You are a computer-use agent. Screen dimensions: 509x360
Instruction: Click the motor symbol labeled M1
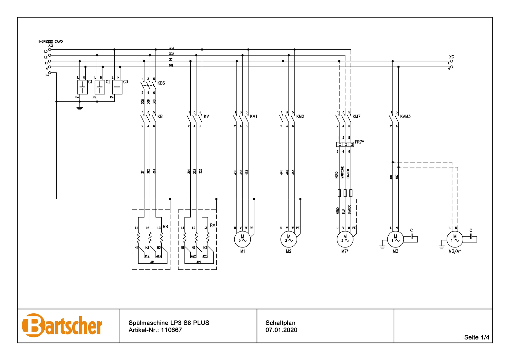242,239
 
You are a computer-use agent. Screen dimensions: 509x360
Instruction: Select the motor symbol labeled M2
288,239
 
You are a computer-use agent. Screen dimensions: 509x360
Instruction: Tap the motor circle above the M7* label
345,239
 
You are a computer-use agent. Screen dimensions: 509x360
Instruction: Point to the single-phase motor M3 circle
395,239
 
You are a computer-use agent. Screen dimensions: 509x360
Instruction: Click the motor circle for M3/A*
455,239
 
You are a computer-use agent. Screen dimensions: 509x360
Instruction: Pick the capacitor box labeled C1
82,87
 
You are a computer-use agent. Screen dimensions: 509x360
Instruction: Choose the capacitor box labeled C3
117,87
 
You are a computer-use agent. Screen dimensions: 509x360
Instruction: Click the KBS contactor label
161,83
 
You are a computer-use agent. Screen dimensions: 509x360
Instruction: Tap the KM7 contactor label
356,116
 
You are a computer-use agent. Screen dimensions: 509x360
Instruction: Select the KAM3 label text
405,116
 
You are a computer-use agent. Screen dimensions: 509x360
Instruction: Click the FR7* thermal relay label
359,142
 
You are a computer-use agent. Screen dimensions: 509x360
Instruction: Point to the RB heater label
165,227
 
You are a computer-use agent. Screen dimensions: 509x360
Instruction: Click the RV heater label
213,225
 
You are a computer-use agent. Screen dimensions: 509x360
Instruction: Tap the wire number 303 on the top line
171,48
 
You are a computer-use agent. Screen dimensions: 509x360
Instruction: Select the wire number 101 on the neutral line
171,66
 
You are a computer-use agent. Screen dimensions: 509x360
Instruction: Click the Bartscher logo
62,325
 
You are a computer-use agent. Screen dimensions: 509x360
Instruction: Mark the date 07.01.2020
281,330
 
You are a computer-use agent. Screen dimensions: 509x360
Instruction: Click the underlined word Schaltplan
280,323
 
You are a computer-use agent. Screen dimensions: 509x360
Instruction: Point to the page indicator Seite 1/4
476,337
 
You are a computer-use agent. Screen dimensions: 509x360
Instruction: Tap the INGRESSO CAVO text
50,41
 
